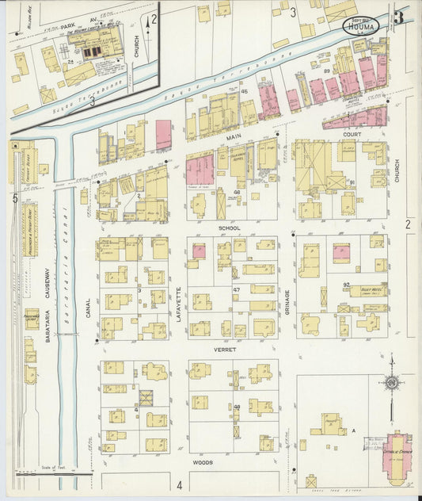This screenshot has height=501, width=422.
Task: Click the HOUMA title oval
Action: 361,26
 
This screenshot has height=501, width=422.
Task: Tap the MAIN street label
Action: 234,137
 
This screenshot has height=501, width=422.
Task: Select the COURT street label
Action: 351,135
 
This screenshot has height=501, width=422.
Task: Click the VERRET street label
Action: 230,349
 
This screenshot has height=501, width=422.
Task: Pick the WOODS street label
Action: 202,461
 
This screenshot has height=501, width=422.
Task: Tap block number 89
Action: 327,71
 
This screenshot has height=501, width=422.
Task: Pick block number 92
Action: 346,284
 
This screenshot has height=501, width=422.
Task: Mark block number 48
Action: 237,193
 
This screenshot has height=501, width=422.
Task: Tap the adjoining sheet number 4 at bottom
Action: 180,485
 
